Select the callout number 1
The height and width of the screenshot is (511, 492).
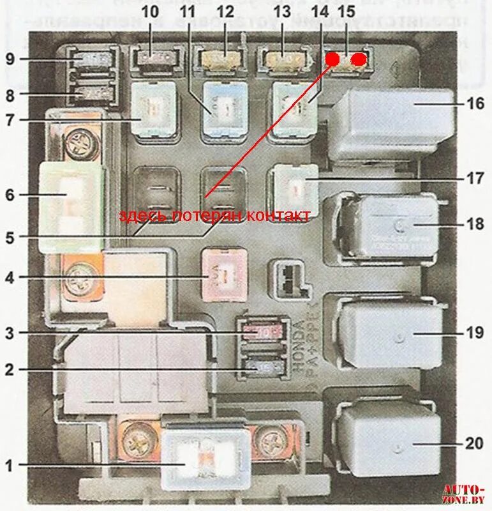point(8,466)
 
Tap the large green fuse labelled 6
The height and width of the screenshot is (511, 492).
point(71,206)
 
